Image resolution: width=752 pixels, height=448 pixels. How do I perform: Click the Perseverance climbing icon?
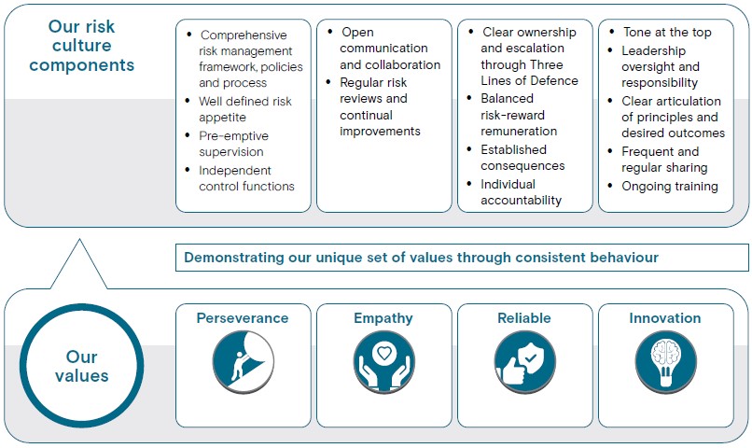pos(244,361)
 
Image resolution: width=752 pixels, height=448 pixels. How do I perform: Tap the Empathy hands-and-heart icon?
pos(384,361)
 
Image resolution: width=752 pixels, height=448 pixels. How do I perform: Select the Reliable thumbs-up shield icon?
pos(524,361)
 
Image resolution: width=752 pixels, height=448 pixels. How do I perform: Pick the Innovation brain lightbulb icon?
pos(665,361)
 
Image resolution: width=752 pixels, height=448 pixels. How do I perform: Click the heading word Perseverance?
pos(243,318)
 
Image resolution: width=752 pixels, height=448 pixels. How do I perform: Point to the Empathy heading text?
pos(383,318)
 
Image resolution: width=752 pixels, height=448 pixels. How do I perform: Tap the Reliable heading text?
pos(524,318)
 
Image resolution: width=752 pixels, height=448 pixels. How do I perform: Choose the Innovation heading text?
pos(664,318)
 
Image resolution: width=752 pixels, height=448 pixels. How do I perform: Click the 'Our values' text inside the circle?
pos(81,366)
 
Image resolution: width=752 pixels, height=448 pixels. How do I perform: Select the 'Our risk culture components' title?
pos(81,46)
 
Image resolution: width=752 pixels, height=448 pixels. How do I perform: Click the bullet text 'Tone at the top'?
pos(667,32)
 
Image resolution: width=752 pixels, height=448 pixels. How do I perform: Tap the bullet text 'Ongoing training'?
pos(670,186)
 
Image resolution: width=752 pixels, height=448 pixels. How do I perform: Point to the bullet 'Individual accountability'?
pos(522,192)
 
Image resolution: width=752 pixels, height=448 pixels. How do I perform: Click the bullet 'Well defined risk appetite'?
pos(245,109)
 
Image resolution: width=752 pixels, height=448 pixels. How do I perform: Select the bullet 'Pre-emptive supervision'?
pos(233,144)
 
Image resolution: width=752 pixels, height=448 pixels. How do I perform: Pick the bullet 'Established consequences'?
pos(522,158)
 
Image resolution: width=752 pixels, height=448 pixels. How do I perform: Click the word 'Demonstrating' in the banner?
pos(234,258)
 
